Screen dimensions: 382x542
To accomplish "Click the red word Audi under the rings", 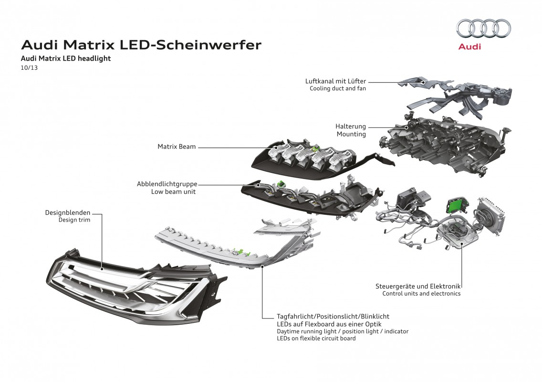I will coord(469,47).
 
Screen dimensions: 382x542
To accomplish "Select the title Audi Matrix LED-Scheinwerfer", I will coord(141,45).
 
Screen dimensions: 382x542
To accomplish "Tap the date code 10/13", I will coord(30,67).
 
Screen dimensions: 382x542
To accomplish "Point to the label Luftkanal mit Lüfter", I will coord(336,81).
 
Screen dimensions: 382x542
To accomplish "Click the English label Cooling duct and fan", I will coord(338,88).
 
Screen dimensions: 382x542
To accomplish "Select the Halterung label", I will coord(351,127).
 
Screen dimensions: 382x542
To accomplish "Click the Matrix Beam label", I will coord(177,147).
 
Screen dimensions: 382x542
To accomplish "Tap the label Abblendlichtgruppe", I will coord(167,184).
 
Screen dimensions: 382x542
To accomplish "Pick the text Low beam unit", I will coord(173,191).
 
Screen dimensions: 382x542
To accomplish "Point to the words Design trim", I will coord(74,220).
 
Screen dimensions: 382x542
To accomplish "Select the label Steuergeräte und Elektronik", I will coord(418,286).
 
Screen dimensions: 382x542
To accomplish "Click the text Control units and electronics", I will coord(421,294).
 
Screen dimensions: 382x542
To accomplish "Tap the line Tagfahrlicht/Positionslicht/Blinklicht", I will coord(333,316).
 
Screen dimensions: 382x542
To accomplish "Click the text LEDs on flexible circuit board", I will coord(316,339).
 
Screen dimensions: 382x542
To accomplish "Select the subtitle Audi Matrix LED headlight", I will coord(66,58).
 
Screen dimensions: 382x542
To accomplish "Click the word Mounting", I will coord(351,134).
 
